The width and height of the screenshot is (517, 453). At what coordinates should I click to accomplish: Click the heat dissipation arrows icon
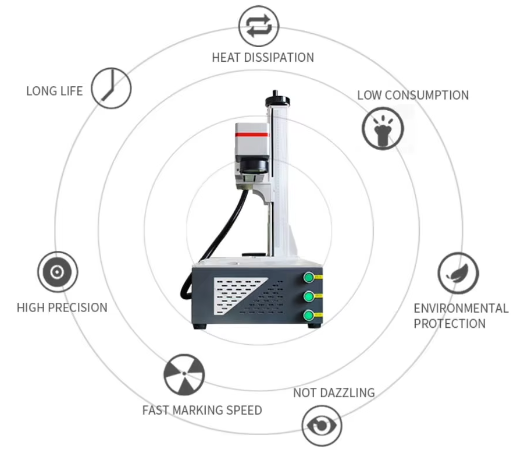259,26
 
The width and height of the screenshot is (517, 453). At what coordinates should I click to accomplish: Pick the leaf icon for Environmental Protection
458,273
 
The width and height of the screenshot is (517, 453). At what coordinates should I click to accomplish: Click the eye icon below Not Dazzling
322,426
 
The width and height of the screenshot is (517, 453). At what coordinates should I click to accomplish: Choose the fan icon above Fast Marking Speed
184,374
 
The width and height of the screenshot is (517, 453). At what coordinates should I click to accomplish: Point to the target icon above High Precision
58,272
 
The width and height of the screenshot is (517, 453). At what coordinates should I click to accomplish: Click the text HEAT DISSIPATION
263,58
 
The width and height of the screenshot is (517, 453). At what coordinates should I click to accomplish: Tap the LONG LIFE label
55,91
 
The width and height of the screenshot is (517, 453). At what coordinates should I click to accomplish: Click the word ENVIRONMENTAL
461,308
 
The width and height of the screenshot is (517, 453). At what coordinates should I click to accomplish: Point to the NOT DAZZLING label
334,393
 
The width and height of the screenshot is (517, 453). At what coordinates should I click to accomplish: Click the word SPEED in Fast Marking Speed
243,410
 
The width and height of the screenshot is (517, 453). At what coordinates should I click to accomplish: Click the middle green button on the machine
309,296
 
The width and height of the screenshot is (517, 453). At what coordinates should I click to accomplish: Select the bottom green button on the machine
309,316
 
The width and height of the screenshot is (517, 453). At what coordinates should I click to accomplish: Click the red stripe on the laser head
251,135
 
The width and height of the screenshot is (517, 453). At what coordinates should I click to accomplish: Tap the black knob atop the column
277,100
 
